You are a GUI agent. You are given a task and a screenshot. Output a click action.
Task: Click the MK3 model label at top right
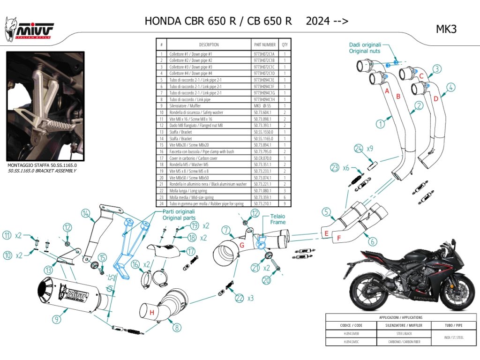(446, 29)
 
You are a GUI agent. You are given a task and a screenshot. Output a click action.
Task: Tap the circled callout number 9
(57, 320)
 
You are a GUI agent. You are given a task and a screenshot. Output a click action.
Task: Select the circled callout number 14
(85, 214)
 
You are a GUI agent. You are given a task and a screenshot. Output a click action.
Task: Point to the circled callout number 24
(359, 149)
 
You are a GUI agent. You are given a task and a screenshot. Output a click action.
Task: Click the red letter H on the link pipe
(152, 313)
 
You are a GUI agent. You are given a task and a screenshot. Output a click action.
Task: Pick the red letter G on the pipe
(242, 245)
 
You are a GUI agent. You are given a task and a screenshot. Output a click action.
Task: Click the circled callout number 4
(450, 87)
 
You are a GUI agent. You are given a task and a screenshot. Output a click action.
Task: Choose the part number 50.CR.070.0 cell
(265, 158)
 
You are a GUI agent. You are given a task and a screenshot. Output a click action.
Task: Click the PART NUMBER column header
(265, 45)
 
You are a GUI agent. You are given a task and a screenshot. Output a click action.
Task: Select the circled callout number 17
(190, 251)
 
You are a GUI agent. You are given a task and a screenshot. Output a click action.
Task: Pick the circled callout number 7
(226, 230)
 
